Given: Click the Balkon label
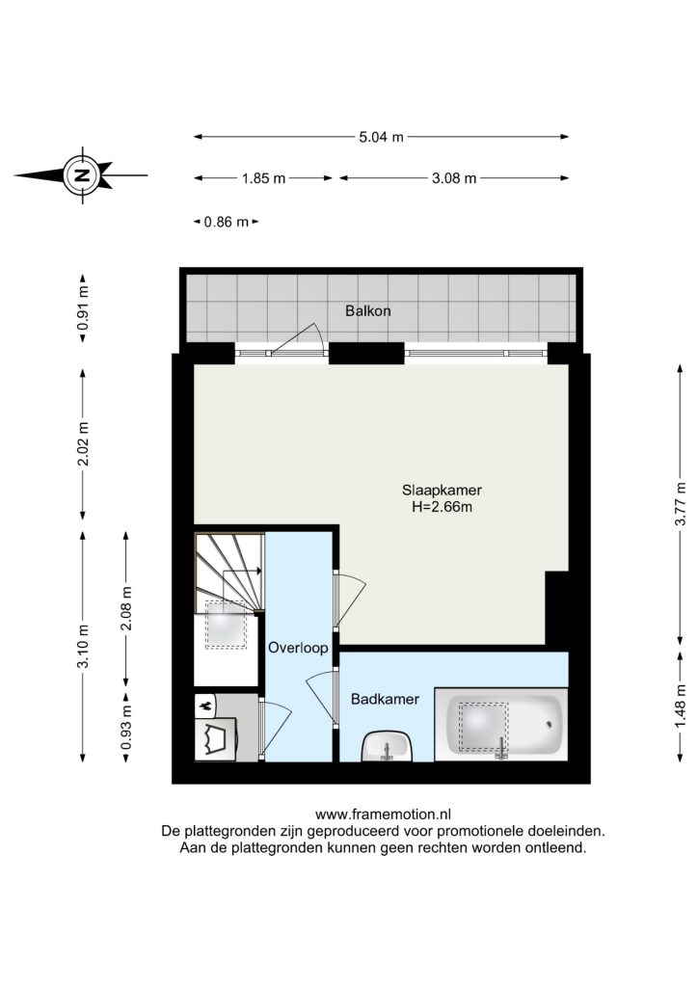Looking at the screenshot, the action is point(367,310).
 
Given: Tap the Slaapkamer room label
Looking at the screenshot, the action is point(442,491).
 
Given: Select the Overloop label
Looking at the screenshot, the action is point(298,648).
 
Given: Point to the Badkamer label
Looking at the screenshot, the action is point(386,699).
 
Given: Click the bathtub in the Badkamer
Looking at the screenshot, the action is point(501,724).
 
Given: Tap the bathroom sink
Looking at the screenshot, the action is point(387,747).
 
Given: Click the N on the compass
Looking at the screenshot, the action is point(81,175).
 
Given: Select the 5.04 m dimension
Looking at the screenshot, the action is point(382,137).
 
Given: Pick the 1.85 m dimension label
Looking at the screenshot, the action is point(264,178).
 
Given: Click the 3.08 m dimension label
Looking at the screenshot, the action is point(454,178).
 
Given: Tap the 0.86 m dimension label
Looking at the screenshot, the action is point(227,222).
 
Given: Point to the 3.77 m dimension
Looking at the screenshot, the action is point(681,503).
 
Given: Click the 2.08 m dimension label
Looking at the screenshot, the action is point(126,608).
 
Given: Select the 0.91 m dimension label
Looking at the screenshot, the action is point(83,308).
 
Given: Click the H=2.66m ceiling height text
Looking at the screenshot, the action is point(442,507).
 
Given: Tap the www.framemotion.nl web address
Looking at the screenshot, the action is point(383,815).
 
